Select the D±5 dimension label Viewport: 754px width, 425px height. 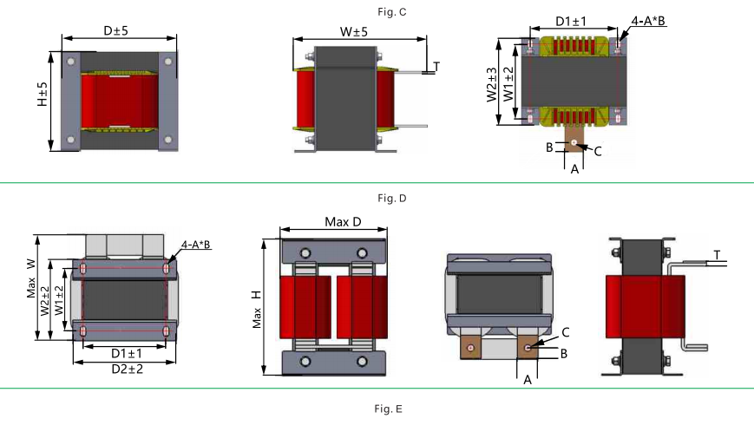pyautogui.click(x=116, y=30)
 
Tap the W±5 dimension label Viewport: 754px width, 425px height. pyautogui.click(x=353, y=32)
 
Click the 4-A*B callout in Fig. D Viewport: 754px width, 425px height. pyautogui.click(x=196, y=245)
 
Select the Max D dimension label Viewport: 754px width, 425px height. pyautogui.click(x=343, y=222)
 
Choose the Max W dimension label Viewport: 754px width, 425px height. pyautogui.click(x=31, y=278)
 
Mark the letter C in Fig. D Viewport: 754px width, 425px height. pyautogui.click(x=565, y=332)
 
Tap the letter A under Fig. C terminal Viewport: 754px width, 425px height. pyautogui.click(x=574, y=170)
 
